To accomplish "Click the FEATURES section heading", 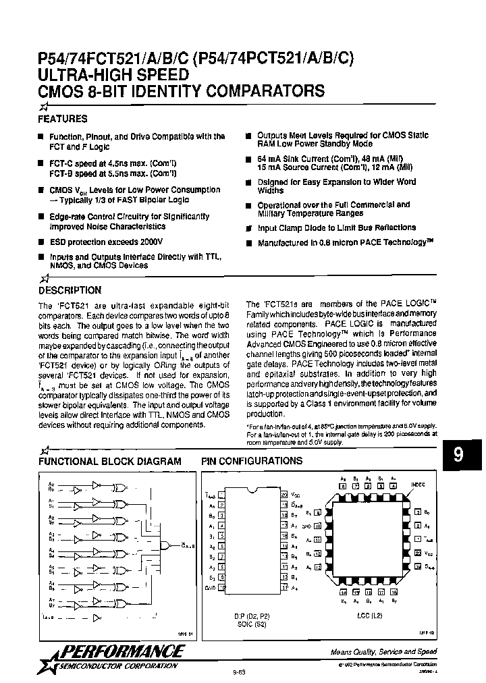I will point(63,119).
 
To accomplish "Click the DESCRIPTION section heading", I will point(70,290).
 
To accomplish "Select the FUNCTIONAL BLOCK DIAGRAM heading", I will point(109,461).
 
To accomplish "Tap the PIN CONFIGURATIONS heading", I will point(252,461).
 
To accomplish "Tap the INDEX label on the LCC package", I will point(418,483).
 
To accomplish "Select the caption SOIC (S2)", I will point(251,625).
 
